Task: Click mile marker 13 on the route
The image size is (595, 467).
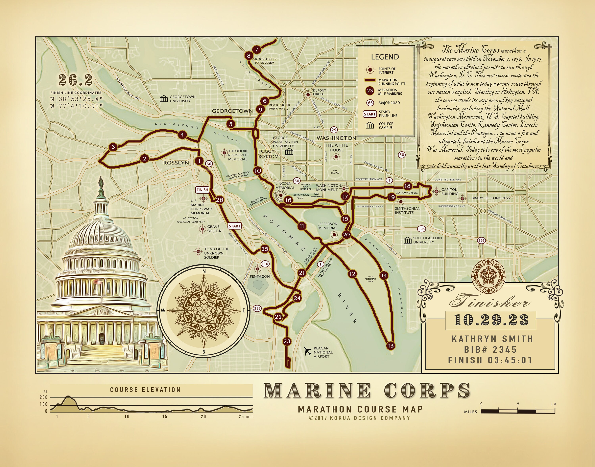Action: click(391, 345)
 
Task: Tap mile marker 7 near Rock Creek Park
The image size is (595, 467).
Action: click(257, 50)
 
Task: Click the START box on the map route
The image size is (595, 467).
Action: click(235, 226)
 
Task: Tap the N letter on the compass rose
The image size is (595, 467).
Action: click(204, 271)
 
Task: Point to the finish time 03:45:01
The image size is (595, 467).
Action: click(510, 360)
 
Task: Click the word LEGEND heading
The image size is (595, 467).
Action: click(385, 57)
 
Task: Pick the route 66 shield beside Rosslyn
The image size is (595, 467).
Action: click(209, 164)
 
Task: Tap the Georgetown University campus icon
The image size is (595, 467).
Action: click(164, 99)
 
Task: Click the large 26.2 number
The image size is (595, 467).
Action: click(75, 80)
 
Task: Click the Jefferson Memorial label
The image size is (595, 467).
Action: click(328, 226)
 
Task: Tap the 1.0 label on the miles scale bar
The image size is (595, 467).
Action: click(553, 404)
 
